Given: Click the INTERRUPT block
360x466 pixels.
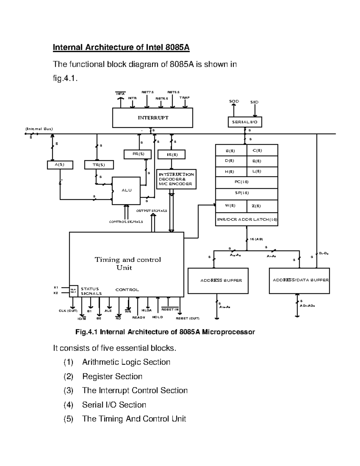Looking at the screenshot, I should click(152, 118).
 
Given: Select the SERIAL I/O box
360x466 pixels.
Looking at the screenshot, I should click(244, 122).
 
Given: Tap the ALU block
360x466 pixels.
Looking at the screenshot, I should click(126, 191).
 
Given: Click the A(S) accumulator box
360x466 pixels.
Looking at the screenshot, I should click(60, 165).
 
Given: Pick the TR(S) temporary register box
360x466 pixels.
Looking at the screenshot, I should click(99, 165).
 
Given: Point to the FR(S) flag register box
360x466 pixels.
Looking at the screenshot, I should click(138, 154).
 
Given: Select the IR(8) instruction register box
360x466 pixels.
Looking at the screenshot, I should click(172, 155).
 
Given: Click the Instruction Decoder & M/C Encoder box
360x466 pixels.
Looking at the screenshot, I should click(176, 179).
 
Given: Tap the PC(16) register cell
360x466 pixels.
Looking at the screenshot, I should click(246, 182).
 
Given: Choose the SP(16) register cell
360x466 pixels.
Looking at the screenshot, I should click(246, 193).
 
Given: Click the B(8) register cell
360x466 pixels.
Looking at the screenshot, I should click(231, 151).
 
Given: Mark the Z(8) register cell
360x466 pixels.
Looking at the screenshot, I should click(262, 206).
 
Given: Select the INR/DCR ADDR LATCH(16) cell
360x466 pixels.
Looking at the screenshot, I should click(246, 219).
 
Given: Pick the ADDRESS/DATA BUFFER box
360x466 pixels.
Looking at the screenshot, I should click(299, 280).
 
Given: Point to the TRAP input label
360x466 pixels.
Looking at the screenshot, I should click(184, 98).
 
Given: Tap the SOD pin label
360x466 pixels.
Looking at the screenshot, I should click(234, 101).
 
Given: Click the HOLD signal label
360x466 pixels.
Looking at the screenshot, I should click(157, 317).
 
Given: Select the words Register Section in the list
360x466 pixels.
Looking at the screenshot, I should click(112, 376).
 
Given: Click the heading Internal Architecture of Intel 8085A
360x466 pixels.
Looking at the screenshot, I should click(121, 47).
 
